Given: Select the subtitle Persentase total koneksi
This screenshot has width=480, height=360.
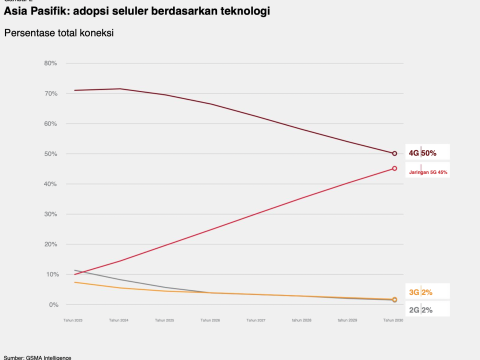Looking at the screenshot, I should coord(59,33).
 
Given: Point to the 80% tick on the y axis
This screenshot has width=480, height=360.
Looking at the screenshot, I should coord(51,63).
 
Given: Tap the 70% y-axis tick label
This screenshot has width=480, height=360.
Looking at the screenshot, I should coord(51,93).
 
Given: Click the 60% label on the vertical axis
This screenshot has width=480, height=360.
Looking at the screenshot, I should coord(51,123).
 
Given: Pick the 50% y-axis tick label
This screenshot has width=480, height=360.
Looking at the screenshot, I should coord(51,153).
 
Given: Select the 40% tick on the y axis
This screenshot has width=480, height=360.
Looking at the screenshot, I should coord(51,183).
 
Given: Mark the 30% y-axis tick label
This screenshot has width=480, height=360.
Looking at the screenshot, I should coord(51,213).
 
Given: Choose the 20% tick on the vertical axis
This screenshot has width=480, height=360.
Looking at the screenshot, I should coord(51,243).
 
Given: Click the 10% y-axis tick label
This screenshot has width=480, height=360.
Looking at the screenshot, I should coord(51,273).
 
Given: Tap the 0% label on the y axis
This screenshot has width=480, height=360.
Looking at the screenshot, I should coord(53,303).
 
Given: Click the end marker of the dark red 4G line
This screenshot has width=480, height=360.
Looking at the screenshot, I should coord(395,153).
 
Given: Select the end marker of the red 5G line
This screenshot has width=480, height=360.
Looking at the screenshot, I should coord(395,168).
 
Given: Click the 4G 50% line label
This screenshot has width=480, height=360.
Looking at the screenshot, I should coord(421,153).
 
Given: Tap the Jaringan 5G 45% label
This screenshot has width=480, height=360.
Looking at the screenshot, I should coord(428,171).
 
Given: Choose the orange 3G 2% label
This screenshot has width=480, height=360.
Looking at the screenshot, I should coord(420,292).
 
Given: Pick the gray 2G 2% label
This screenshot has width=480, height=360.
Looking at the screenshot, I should coord(420,310).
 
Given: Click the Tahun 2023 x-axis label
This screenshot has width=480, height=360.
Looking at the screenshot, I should coord(73,321).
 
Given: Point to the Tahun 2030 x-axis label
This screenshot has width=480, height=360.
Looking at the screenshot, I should coord(395,321).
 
